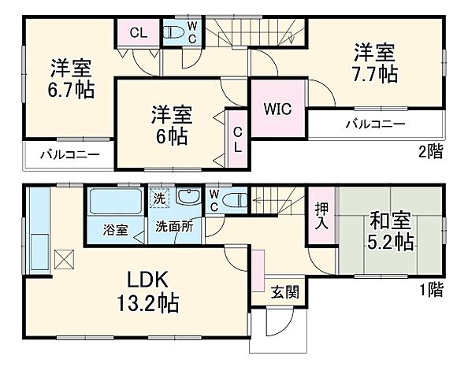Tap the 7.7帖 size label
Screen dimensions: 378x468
[x=373, y=74]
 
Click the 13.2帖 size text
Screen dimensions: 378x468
[x=151, y=302]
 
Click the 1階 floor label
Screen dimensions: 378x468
[x=430, y=291]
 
